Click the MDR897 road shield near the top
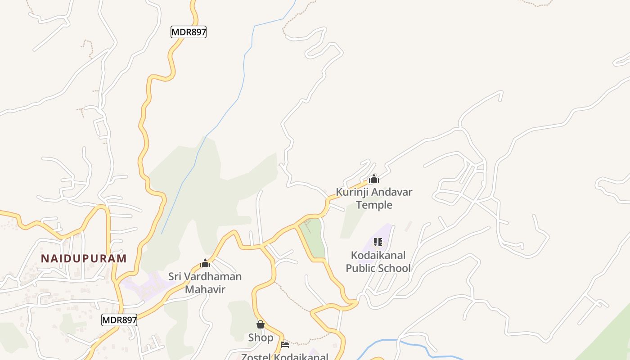coord(189,32)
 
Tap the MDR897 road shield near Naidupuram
coord(119,320)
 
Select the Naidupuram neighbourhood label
coord(84,258)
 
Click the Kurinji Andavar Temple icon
coord(373,179)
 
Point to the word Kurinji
coord(352,192)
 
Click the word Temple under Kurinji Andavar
coord(374,205)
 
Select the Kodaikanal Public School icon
coord(378,243)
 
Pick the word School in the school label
coord(394,269)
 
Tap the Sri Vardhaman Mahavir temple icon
coord(205,263)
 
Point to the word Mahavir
coord(205,289)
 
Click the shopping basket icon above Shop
coord(260,324)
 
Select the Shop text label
coord(261,337)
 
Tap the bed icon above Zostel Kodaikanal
coord(284,345)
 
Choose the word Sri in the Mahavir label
coord(175,276)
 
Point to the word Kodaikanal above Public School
coord(378,256)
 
